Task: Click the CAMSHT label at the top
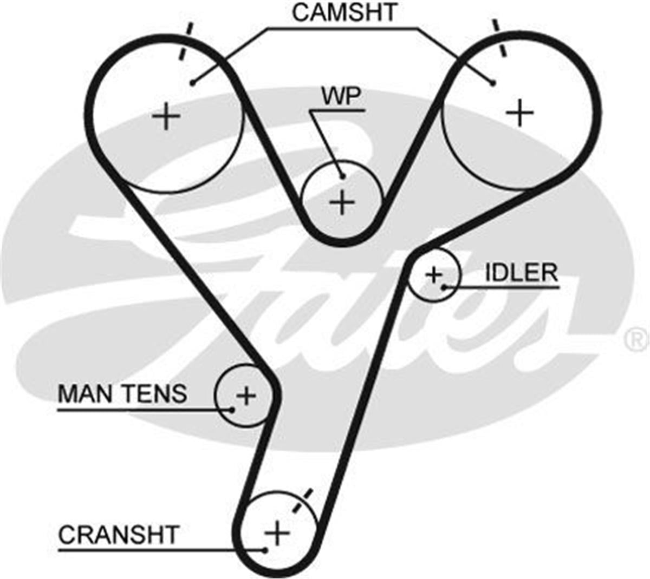[344, 12]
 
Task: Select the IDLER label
[521, 273]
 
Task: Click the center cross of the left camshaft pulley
[166, 116]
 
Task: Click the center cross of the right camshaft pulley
[520, 112]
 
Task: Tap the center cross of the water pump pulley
[343, 202]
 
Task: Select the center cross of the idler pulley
[433, 275]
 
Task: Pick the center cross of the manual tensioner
[246, 396]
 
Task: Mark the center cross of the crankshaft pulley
[277, 532]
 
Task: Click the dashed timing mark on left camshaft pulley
[186, 41]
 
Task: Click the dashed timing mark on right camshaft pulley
[499, 38]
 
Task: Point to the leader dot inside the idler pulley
[444, 287]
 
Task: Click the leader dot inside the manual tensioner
[232, 410]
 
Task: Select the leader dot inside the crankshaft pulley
[265, 550]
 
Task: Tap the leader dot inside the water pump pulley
[343, 176]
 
